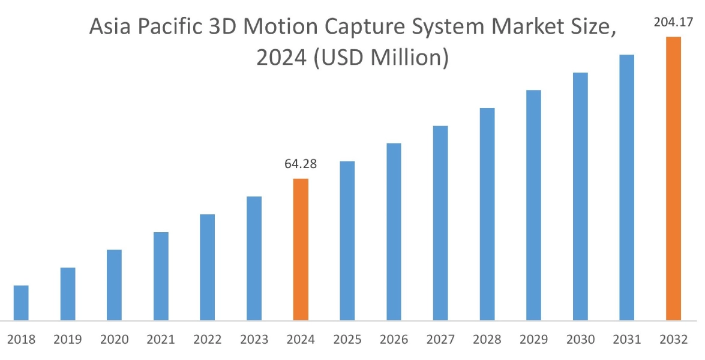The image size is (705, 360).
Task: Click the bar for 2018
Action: coord(21,302)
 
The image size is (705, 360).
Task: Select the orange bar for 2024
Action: coord(301,249)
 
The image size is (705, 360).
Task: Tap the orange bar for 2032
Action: coord(674,178)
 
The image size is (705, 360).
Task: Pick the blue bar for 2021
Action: coord(161,275)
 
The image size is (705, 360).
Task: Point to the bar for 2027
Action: coord(440,223)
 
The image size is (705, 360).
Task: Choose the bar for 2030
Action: coord(580,196)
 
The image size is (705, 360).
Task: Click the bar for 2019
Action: coord(68,293)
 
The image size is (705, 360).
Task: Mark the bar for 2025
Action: coord(347,240)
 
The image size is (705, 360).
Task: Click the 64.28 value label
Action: coord(301,164)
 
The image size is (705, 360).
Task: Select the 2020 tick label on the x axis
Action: coord(115,340)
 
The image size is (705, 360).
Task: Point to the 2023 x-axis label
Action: coord(254,340)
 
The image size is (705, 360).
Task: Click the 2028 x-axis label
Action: coord(487,340)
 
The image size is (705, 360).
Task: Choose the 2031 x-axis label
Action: coord(627,340)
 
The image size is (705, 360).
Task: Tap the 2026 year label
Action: coord(394,340)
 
